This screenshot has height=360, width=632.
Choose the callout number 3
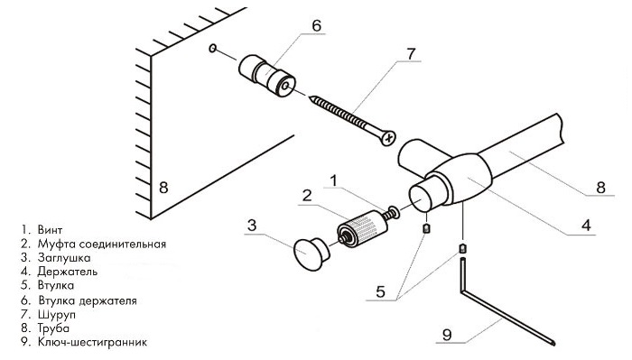(253, 224)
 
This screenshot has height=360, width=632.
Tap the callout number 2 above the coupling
(307, 196)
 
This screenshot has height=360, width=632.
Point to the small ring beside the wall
(212, 49)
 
